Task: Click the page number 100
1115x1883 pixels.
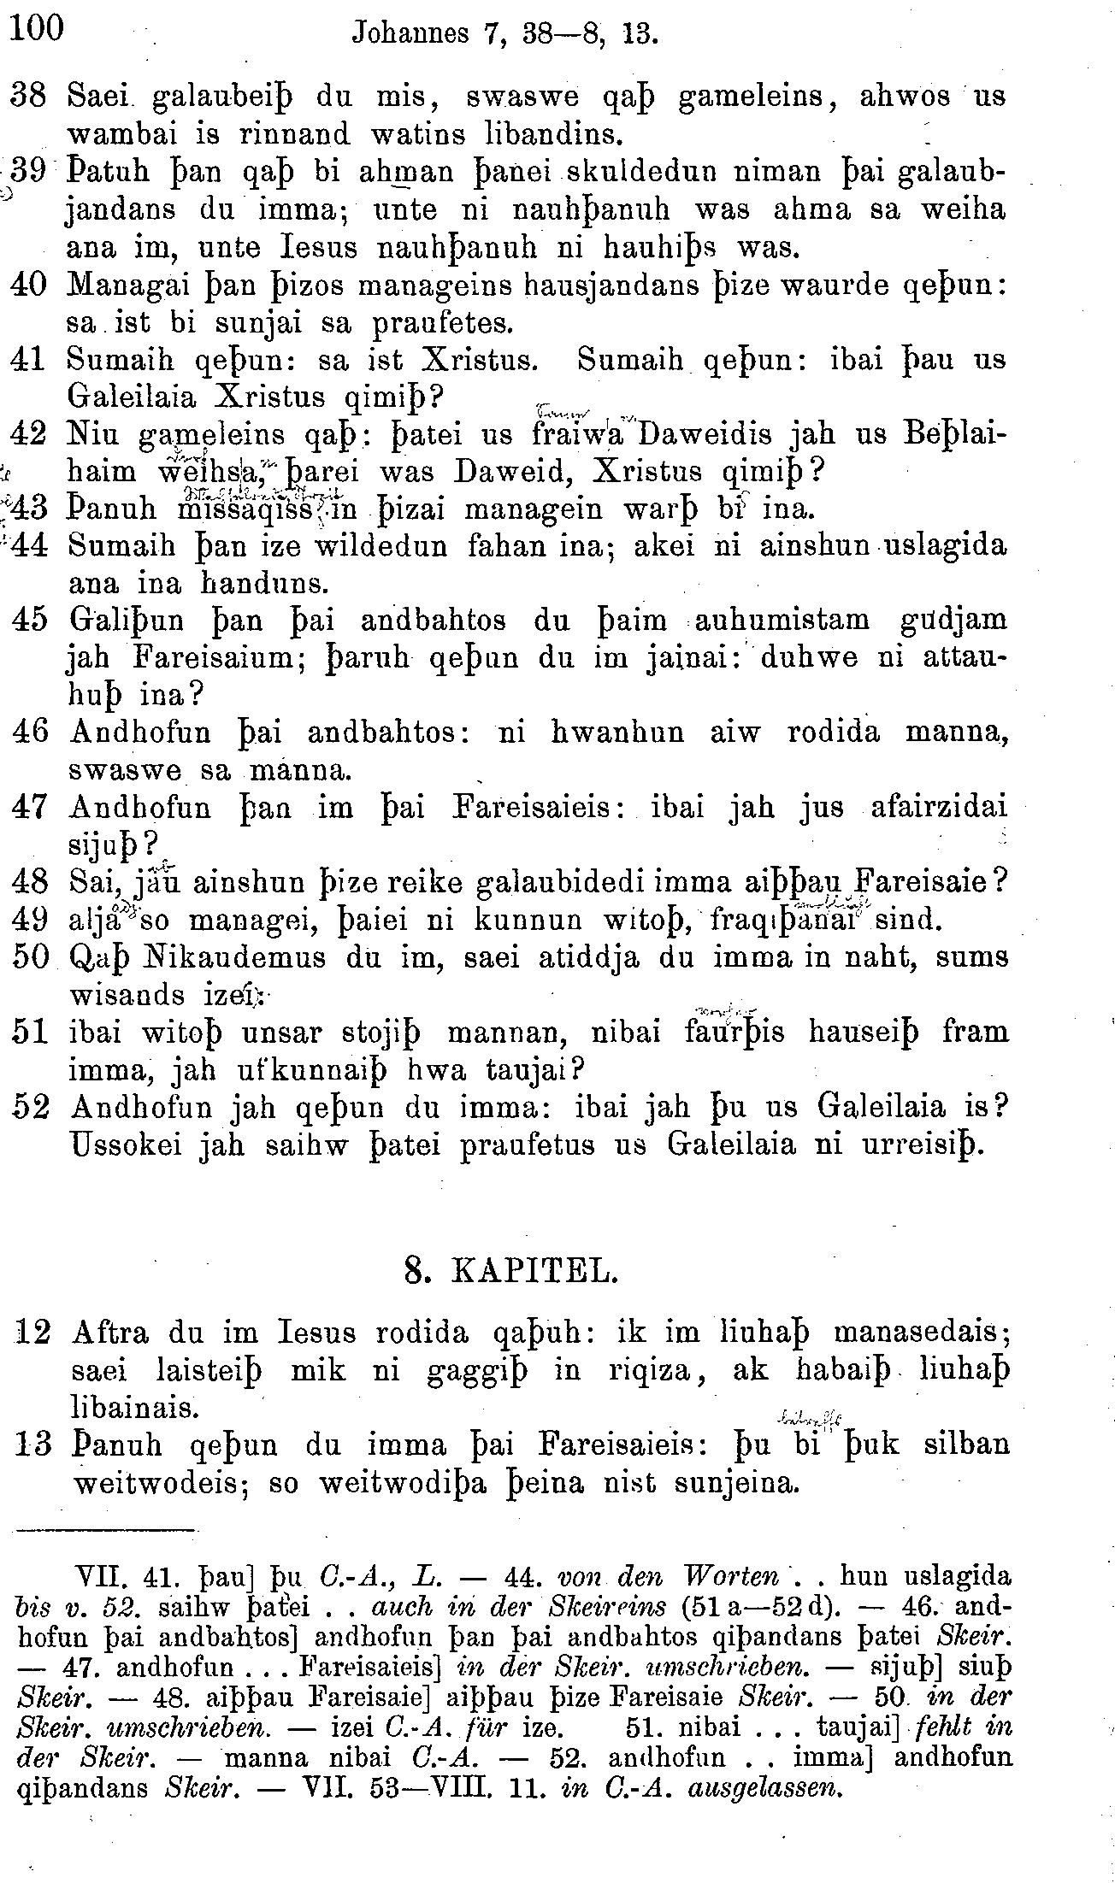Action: (x=38, y=29)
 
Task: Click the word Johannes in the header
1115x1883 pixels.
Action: (x=410, y=33)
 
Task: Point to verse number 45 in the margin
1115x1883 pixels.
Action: (x=33, y=620)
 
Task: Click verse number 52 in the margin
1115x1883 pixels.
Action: (x=33, y=1108)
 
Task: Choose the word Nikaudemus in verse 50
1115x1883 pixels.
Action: (x=199, y=957)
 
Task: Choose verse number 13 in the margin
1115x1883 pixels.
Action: (x=33, y=1445)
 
